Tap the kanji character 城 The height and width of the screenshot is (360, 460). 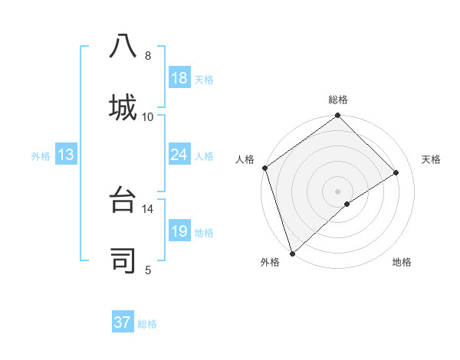click(123, 106)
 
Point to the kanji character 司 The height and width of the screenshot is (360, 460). click(123, 260)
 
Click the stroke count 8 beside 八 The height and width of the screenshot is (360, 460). click(148, 56)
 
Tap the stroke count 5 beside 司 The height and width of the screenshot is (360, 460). click(148, 270)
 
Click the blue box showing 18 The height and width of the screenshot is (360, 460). click(179, 78)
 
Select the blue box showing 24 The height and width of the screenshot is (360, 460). click(179, 155)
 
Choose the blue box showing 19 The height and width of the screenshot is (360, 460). click(179, 231)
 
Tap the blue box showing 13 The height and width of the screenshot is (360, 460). click(66, 155)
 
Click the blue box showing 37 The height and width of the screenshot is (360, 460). click(123, 322)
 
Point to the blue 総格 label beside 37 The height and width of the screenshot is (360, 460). click(147, 324)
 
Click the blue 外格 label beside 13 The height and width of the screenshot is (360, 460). click(41, 156)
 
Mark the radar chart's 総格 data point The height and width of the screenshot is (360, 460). click(337, 116)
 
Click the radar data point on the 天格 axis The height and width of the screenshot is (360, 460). click(396, 172)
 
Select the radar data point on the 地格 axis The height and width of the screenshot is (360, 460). click(347, 204)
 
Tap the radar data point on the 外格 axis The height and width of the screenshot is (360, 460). click(291, 253)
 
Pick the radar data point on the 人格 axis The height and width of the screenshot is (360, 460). click(264, 168)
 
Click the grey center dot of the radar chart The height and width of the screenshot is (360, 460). click(337, 191)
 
